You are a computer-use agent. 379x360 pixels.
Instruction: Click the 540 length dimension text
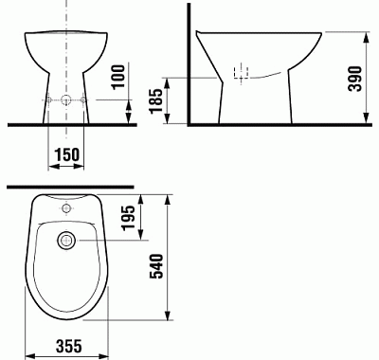pyautogui.click(x=159, y=257)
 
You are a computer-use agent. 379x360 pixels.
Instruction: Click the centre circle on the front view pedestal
pyautogui.click(x=65, y=100)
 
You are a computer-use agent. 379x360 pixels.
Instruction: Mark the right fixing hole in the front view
pyautogui.click(x=83, y=100)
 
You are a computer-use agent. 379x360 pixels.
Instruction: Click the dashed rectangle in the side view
pyautogui.click(x=241, y=73)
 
